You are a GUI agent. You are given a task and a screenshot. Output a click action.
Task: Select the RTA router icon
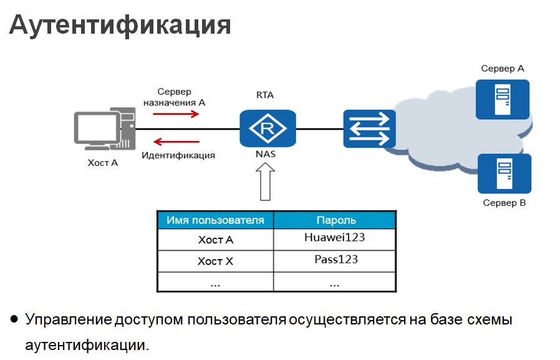(x=268, y=128)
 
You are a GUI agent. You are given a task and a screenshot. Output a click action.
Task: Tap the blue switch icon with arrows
(x=369, y=129)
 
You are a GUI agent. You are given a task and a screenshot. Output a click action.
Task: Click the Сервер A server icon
(x=502, y=99)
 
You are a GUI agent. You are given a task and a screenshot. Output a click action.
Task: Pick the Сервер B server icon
(x=503, y=173)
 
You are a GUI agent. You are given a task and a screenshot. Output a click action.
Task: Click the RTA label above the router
(x=265, y=95)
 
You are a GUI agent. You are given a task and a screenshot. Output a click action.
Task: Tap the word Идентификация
(x=178, y=155)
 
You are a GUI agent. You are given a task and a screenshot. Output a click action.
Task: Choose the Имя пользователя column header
(x=215, y=220)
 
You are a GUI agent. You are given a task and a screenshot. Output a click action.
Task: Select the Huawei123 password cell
(x=334, y=238)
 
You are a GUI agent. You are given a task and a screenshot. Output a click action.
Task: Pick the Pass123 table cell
(x=336, y=260)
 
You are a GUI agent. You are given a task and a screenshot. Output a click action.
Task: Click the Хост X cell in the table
(x=215, y=261)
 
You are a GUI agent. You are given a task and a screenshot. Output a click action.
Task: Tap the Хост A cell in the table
(x=215, y=240)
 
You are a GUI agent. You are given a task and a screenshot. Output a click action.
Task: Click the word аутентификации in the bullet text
(x=87, y=344)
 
